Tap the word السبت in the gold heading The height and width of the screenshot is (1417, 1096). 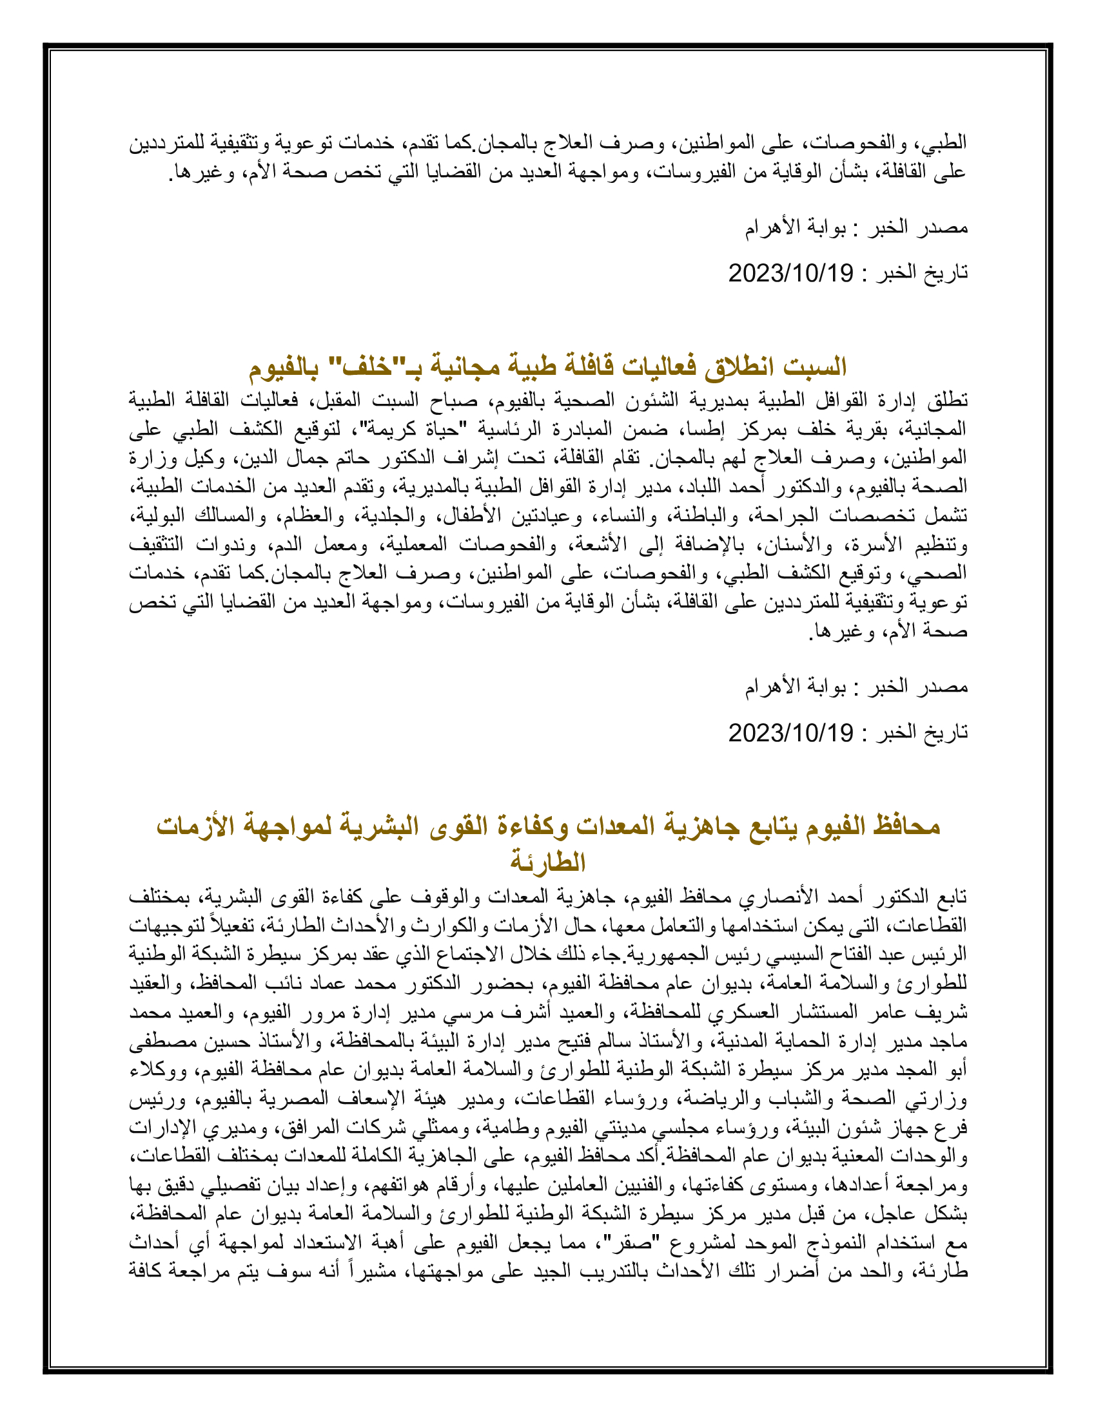815,367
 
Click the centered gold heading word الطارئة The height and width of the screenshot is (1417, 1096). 548,862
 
